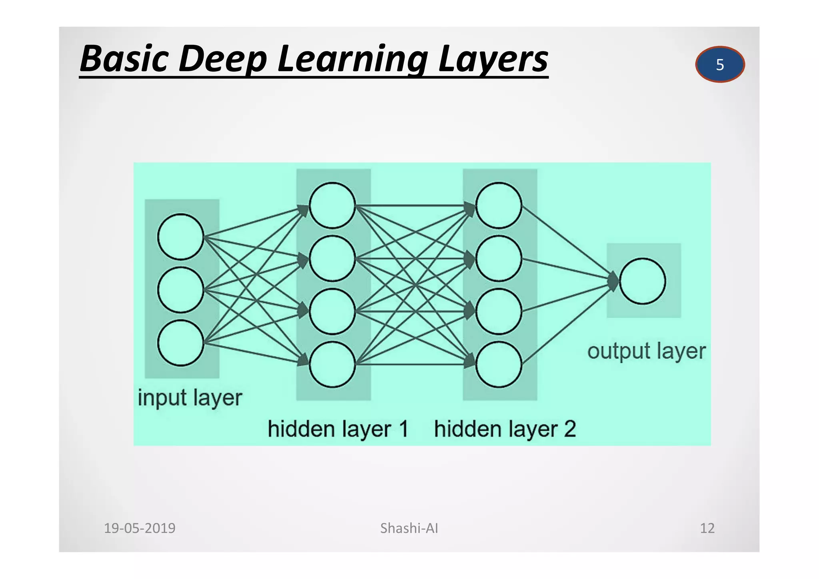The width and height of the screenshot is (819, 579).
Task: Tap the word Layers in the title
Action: point(493,59)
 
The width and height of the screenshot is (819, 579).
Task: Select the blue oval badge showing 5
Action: point(720,64)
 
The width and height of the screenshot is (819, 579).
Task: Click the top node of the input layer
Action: point(181,237)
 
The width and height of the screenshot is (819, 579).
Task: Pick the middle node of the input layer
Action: point(181,290)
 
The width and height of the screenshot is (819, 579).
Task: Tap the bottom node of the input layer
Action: point(181,343)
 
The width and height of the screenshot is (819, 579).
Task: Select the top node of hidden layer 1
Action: point(332,206)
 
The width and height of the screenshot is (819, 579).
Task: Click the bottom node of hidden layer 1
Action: point(332,364)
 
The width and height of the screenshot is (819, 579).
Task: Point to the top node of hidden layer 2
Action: point(499,206)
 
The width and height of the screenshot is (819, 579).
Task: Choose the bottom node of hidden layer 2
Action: point(499,364)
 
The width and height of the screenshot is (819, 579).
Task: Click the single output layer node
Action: point(643,281)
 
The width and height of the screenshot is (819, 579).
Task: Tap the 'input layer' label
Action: point(190,398)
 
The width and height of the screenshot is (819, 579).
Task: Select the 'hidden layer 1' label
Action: point(338,429)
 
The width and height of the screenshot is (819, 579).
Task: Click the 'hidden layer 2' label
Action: point(505,429)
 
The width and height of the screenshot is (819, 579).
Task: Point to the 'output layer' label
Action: point(646,351)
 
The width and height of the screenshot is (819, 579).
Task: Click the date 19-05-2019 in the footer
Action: point(140,528)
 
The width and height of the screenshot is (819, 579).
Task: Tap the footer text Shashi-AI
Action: point(409,528)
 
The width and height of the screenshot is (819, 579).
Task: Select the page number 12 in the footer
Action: point(707,528)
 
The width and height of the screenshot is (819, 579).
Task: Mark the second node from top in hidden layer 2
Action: point(499,259)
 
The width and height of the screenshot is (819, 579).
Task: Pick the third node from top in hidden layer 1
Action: point(332,311)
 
